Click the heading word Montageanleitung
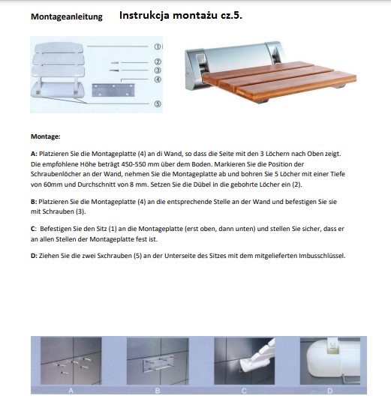(x=67, y=16)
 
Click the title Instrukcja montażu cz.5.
(x=181, y=16)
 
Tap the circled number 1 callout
(x=158, y=46)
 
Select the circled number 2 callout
(x=158, y=61)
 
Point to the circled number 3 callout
(x=158, y=70)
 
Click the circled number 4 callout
(x=158, y=79)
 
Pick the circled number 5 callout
(x=158, y=103)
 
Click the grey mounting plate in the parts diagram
(x=113, y=90)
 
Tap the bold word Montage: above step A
(x=46, y=136)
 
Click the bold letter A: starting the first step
(x=34, y=154)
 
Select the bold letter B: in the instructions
(x=34, y=202)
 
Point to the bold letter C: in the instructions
(x=34, y=229)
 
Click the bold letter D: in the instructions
(x=34, y=256)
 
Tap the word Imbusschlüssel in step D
(x=322, y=256)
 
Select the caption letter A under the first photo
(x=71, y=391)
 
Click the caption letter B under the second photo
(x=158, y=391)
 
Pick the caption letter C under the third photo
(x=244, y=391)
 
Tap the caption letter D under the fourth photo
(x=330, y=391)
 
